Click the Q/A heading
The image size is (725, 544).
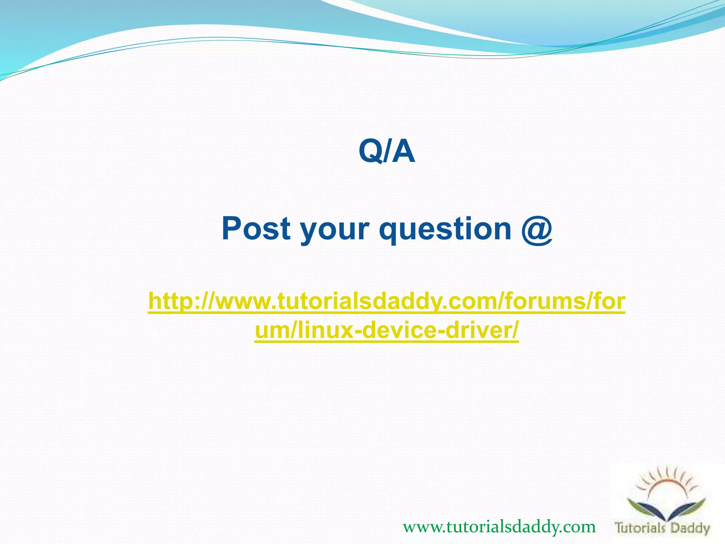pos(387,152)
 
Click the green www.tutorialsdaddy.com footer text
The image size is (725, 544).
pos(499,527)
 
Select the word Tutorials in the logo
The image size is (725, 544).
pos(640,528)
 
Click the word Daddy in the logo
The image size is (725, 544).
pos(690,528)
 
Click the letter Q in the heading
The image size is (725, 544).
pos(370,152)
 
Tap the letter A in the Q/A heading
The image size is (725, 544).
pos(404,152)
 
